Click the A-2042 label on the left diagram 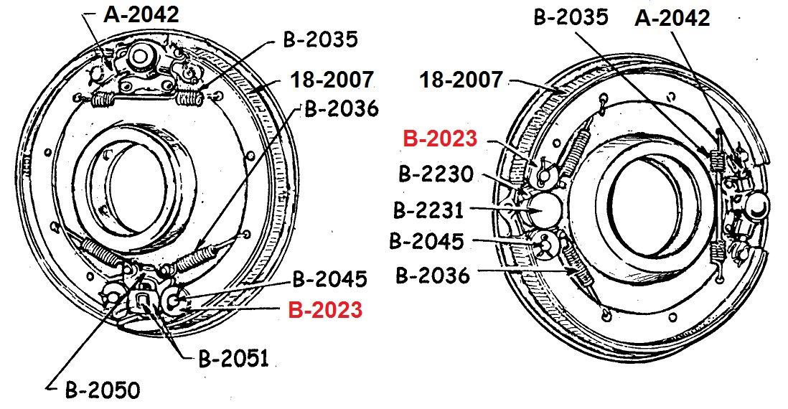[x=141, y=14]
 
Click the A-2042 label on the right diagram [x=672, y=18]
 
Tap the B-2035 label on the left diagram [x=321, y=39]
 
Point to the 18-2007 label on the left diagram [x=332, y=80]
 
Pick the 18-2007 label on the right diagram [x=461, y=80]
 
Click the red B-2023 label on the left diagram [x=325, y=310]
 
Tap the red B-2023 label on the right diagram [x=440, y=138]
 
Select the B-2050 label [x=103, y=390]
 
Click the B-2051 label [x=234, y=359]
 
